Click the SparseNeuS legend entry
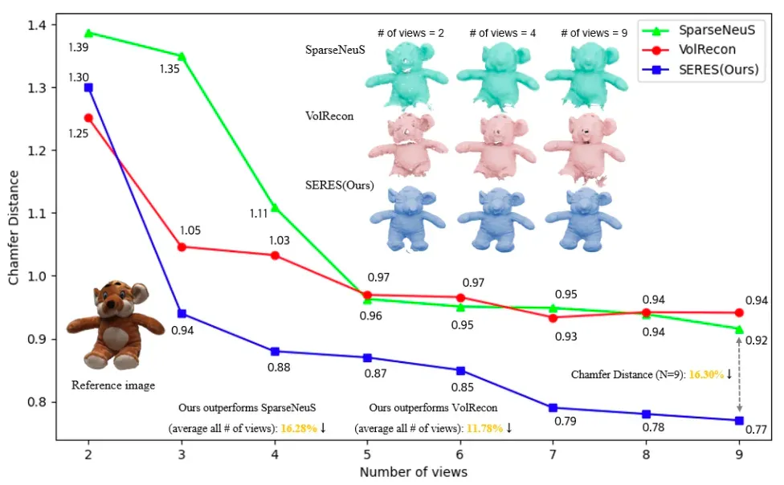coord(699,30)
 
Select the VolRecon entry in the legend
coord(689,50)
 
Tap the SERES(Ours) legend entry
coord(700,70)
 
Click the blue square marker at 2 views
coord(88,88)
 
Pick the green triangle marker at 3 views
coord(182,56)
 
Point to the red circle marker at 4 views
coord(275,255)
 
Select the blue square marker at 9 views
coord(739,421)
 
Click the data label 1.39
coord(79,47)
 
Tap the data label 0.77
coord(756,430)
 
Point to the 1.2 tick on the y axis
coord(36,150)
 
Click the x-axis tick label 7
coord(553,454)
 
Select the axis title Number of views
coord(414,472)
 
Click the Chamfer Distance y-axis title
coord(14,227)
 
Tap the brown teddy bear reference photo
coord(115,324)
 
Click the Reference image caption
coord(113,385)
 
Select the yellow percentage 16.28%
coord(299,429)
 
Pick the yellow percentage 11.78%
coord(484,429)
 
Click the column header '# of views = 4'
coord(503,33)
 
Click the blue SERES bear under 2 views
coord(408,218)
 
